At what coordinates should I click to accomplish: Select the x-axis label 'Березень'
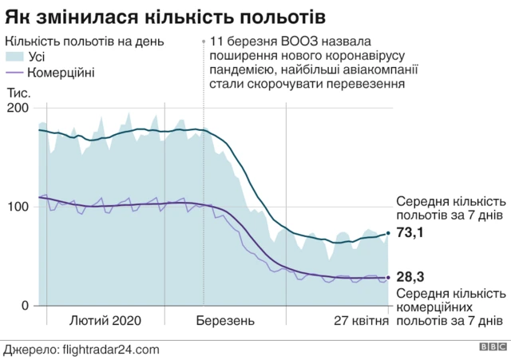coord(225,321)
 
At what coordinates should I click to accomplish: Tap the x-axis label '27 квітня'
coord(361,321)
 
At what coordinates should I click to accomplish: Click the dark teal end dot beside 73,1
coord(389,233)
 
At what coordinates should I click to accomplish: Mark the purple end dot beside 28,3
coord(389,278)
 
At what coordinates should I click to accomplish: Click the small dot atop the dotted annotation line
coord(204,41)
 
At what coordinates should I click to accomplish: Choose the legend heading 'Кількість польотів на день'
coord(85,42)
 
